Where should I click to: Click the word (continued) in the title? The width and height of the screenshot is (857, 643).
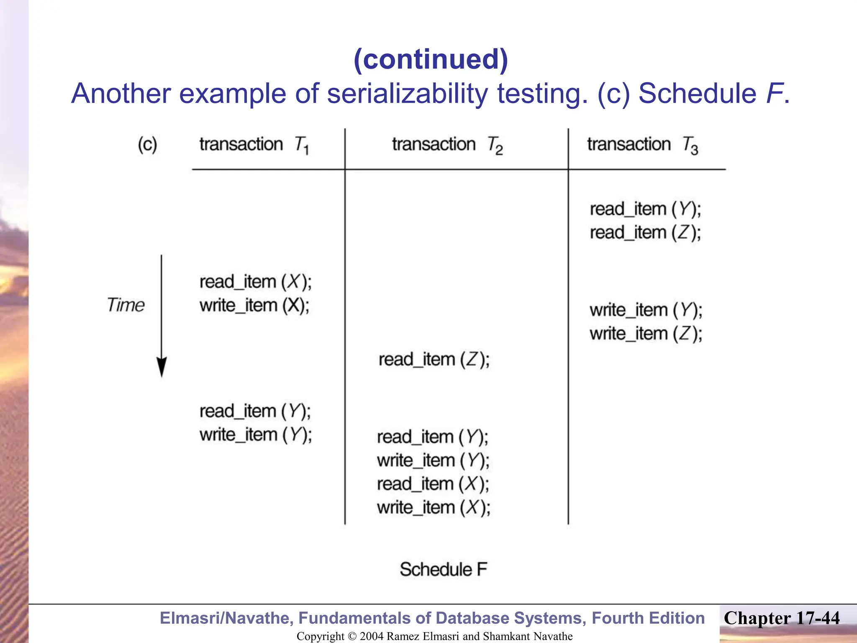(x=431, y=59)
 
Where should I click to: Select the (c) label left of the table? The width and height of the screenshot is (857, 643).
(x=147, y=145)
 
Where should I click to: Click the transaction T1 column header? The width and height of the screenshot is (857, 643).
(x=254, y=145)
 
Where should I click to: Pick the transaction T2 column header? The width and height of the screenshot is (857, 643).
(x=447, y=145)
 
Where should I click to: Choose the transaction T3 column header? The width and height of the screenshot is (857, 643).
(x=642, y=145)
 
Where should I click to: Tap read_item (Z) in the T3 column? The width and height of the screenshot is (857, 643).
(x=645, y=233)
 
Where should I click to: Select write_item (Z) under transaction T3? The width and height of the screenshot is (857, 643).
(x=646, y=334)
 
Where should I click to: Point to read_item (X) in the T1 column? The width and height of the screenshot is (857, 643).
(x=255, y=282)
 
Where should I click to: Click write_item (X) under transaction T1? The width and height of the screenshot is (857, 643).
(x=254, y=306)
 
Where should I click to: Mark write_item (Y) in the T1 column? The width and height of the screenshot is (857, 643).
(x=255, y=435)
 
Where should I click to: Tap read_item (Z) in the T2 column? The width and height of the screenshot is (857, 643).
(x=434, y=360)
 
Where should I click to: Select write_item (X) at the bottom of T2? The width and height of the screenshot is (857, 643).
(x=434, y=508)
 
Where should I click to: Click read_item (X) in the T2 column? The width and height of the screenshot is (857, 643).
(x=433, y=484)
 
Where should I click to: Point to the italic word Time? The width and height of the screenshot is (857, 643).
(x=126, y=305)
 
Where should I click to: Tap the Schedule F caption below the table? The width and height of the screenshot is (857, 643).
(x=443, y=570)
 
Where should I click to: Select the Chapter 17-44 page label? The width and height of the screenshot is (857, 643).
(x=781, y=618)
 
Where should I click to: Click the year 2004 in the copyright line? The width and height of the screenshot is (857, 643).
(x=371, y=636)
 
